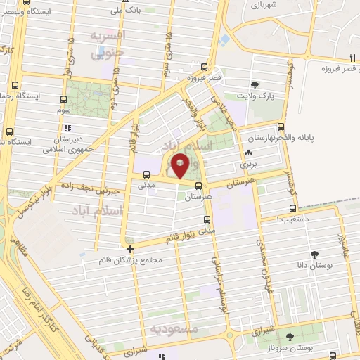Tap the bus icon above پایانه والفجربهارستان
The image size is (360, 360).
(281, 127)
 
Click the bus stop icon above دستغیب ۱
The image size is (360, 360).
(293, 209)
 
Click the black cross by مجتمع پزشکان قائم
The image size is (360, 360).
(130, 249)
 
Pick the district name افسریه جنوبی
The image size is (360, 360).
(110, 43)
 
